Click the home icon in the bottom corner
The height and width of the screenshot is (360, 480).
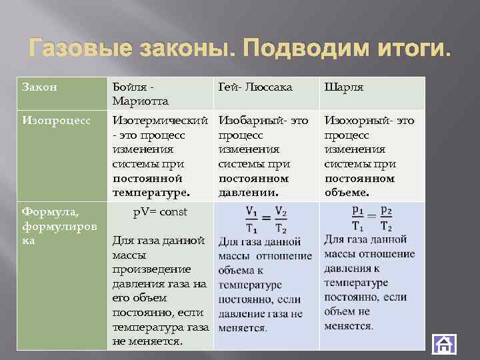click(444, 344)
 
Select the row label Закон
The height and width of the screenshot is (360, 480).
click(40, 87)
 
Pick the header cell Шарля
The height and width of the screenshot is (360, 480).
click(344, 87)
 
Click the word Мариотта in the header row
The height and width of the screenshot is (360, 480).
click(141, 101)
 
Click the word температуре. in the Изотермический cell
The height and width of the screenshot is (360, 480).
click(151, 193)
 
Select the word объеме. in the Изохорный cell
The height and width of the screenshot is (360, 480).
click(347, 193)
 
